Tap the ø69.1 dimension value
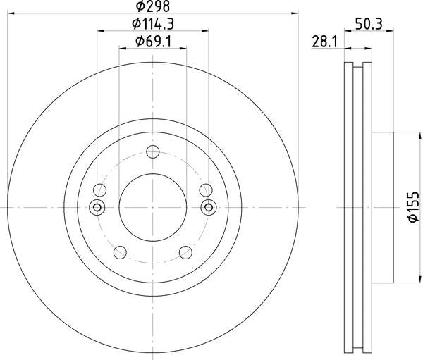pyautogui.click(x=153, y=42)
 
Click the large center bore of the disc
pyautogui.click(x=153, y=207)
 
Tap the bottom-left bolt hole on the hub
pyautogui.click(x=120, y=252)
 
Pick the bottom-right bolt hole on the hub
pyautogui.click(x=186, y=252)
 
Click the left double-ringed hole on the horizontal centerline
pyautogui.click(x=98, y=207)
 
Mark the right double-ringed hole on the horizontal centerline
pyautogui.click(x=208, y=207)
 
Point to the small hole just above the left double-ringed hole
pyautogui.click(x=100, y=190)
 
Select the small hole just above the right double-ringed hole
pyautogui.click(x=206, y=190)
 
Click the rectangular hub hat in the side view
pyautogui.click(x=381, y=207)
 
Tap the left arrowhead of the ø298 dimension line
pyautogui.click(x=10, y=13)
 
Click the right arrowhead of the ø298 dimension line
pyautogui.click(x=295, y=13)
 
